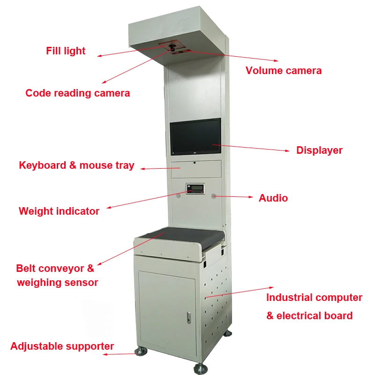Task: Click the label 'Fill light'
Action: click(x=66, y=51)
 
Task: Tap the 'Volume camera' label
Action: click(x=284, y=71)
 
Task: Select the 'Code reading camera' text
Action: click(x=77, y=93)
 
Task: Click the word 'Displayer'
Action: click(x=319, y=150)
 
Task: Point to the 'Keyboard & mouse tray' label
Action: click(x=76, y=165)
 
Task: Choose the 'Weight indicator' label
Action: click(x=59, y=211)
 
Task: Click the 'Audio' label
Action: click(x=273, y=198)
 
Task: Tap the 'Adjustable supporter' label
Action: click(x=62, y=346)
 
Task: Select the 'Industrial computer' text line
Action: click(x=314, y=298)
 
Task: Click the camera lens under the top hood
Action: click(x=173, y=47)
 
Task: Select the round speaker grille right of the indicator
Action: click(x=214, y=196)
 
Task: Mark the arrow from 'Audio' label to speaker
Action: click(x=234, y=197)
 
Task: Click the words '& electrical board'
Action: click(x=309, y=316)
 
